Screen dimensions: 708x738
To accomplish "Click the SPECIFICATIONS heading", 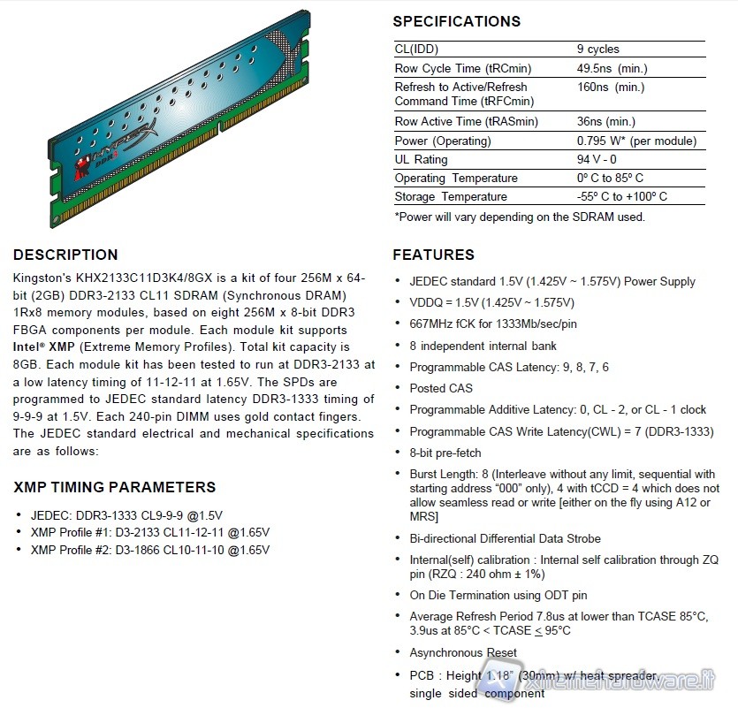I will tap(456, 21).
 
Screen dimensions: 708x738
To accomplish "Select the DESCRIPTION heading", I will tap(65, 255).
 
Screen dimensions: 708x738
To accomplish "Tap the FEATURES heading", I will tap(433, 255).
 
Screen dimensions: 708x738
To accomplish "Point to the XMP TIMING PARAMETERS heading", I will tap(115, 487).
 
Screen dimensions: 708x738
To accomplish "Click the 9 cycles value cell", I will tap(597, 49).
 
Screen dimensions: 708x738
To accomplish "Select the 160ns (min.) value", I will tap(610, 87).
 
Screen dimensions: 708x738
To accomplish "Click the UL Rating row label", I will tap(421, 159).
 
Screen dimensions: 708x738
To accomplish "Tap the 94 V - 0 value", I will tap(597, 159).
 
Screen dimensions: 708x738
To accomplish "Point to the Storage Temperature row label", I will tap(451, 196).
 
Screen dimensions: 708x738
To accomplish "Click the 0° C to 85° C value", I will tap(610, 178).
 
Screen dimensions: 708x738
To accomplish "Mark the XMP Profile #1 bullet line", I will tap(150, 532).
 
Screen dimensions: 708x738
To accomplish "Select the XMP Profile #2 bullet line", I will tap(150, 550).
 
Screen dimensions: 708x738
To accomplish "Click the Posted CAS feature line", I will tap(441, 388).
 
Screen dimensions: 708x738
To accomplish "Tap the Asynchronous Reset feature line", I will tap(463, 652).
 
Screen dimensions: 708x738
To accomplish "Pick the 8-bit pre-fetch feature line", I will tap(445, 453).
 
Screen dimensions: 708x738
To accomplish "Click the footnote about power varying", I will tap(520, 217).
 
